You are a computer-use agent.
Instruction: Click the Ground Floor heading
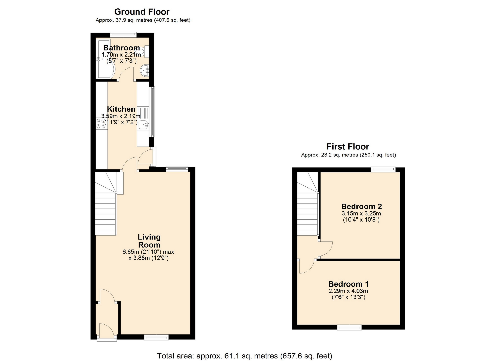point(142,12)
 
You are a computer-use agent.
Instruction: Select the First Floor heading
point(348,147)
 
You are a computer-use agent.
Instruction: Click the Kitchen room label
point(121,109)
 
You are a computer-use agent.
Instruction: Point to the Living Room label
point(149,241)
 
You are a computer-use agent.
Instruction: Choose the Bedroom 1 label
point(348,284)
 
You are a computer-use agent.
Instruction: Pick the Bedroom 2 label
point(361,206)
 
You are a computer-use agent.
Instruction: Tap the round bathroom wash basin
point(144,70)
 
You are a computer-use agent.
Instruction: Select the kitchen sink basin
point(143,125)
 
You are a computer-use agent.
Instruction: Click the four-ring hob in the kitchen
point(101,123)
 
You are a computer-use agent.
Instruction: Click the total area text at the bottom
point(244,356)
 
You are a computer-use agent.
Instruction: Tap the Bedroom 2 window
point(383,169)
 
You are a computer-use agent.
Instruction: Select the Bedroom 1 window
point(349,328)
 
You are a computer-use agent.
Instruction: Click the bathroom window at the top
point(123,34)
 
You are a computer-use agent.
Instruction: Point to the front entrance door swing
point(106,331)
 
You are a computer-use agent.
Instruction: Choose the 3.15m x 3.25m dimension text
point(361,214)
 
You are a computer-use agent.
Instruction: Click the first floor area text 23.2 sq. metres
point(348,155)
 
